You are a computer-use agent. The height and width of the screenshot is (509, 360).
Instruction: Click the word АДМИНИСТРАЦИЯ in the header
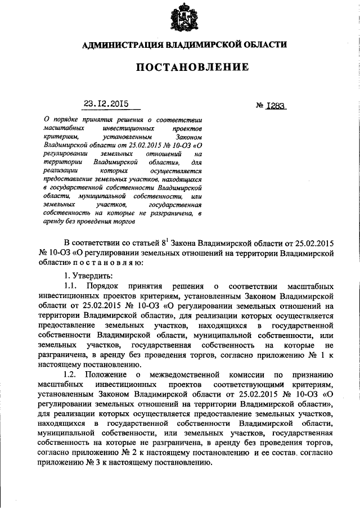coord(121,45)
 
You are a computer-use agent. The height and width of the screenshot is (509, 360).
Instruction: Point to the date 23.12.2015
coord(106,103)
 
